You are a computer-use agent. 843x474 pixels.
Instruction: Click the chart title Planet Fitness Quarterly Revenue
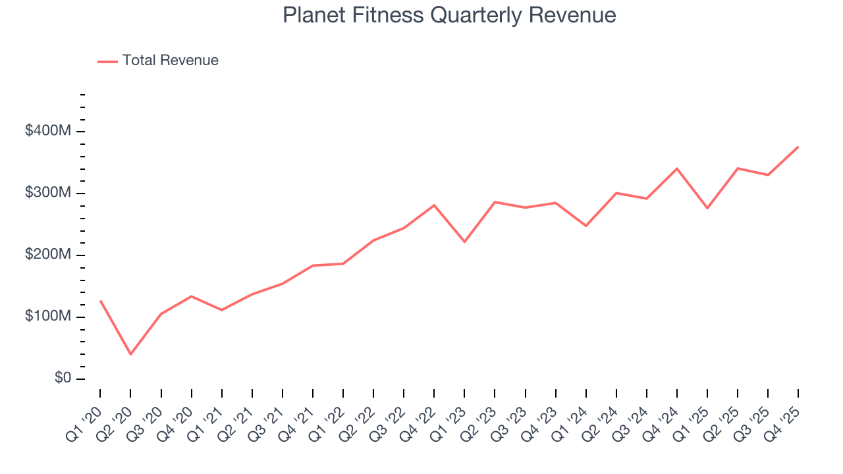point(449,15)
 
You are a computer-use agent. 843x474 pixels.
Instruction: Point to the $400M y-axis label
point(47,131)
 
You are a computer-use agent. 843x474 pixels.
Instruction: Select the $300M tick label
point(47,193)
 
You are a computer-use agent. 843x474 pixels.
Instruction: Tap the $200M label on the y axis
point(47,255)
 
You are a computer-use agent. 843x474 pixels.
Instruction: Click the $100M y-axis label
point(47,317)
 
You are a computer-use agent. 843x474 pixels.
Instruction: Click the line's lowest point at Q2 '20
point(130,354)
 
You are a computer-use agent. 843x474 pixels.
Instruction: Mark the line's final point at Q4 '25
point(798,147)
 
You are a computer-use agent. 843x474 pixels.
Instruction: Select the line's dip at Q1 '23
point(464,242)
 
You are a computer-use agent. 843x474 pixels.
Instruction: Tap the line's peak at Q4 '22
point(434,205)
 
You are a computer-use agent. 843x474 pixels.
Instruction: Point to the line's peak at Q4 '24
point(677,169)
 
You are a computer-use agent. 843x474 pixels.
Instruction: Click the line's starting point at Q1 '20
point(100,301)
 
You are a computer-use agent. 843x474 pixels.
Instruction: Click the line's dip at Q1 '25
point(707,208)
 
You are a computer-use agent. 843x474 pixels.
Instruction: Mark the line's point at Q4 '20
point(191,296)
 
